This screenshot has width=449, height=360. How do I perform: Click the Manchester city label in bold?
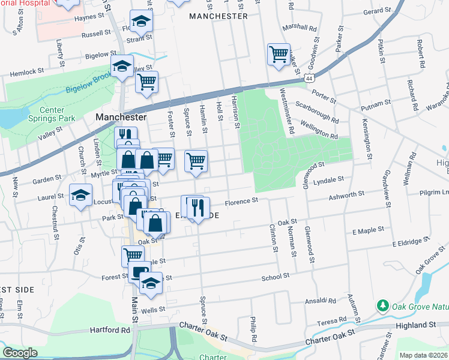click(x=121, y=117)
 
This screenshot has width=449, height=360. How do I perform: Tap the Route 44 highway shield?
click(x=308, y=78)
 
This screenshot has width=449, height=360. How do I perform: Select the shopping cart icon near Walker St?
click(x=279, y=55)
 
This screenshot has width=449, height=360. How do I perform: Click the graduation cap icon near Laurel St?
click(x=81, y=195)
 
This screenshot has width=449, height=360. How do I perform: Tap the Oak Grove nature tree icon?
click(x=382, y=306)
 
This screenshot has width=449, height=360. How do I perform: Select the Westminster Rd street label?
click(x=287, y=111)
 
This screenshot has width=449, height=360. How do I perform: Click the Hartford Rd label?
click(x=110, y=330)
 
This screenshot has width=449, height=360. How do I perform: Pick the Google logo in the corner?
click(x=20, y=353)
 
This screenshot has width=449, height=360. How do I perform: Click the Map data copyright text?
click(x=423, y=355)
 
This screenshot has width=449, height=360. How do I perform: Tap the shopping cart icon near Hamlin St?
click(x=196, y=161)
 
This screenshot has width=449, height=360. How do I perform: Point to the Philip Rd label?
click(x=254, y=329)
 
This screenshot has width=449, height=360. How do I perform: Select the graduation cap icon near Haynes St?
click(x=141, y=22)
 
